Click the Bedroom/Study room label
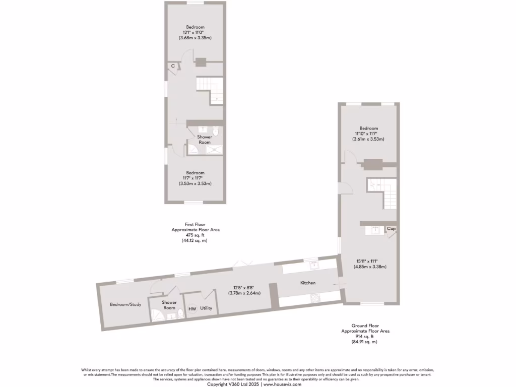point(125,304)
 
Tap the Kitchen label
point(308,283)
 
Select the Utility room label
point(206,307)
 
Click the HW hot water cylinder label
point(192,309)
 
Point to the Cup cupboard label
point(391,229)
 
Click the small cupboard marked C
point(172,66)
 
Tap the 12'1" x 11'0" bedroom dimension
point(195,32)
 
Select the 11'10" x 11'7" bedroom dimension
point(368,134)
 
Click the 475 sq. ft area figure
point(195,235)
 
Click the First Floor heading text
point(195,224)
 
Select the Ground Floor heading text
point(364,326)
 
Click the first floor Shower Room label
point(205,140)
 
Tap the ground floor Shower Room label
point(169,305)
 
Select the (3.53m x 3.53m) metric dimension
point(195,183)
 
